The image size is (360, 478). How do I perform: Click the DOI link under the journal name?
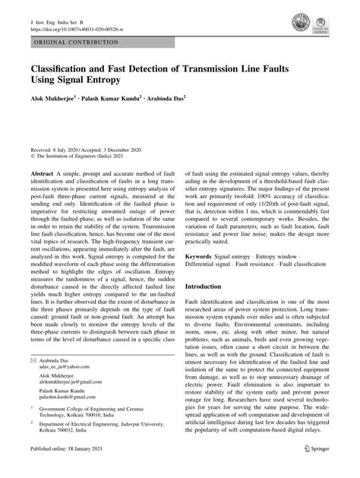[76, 22]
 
